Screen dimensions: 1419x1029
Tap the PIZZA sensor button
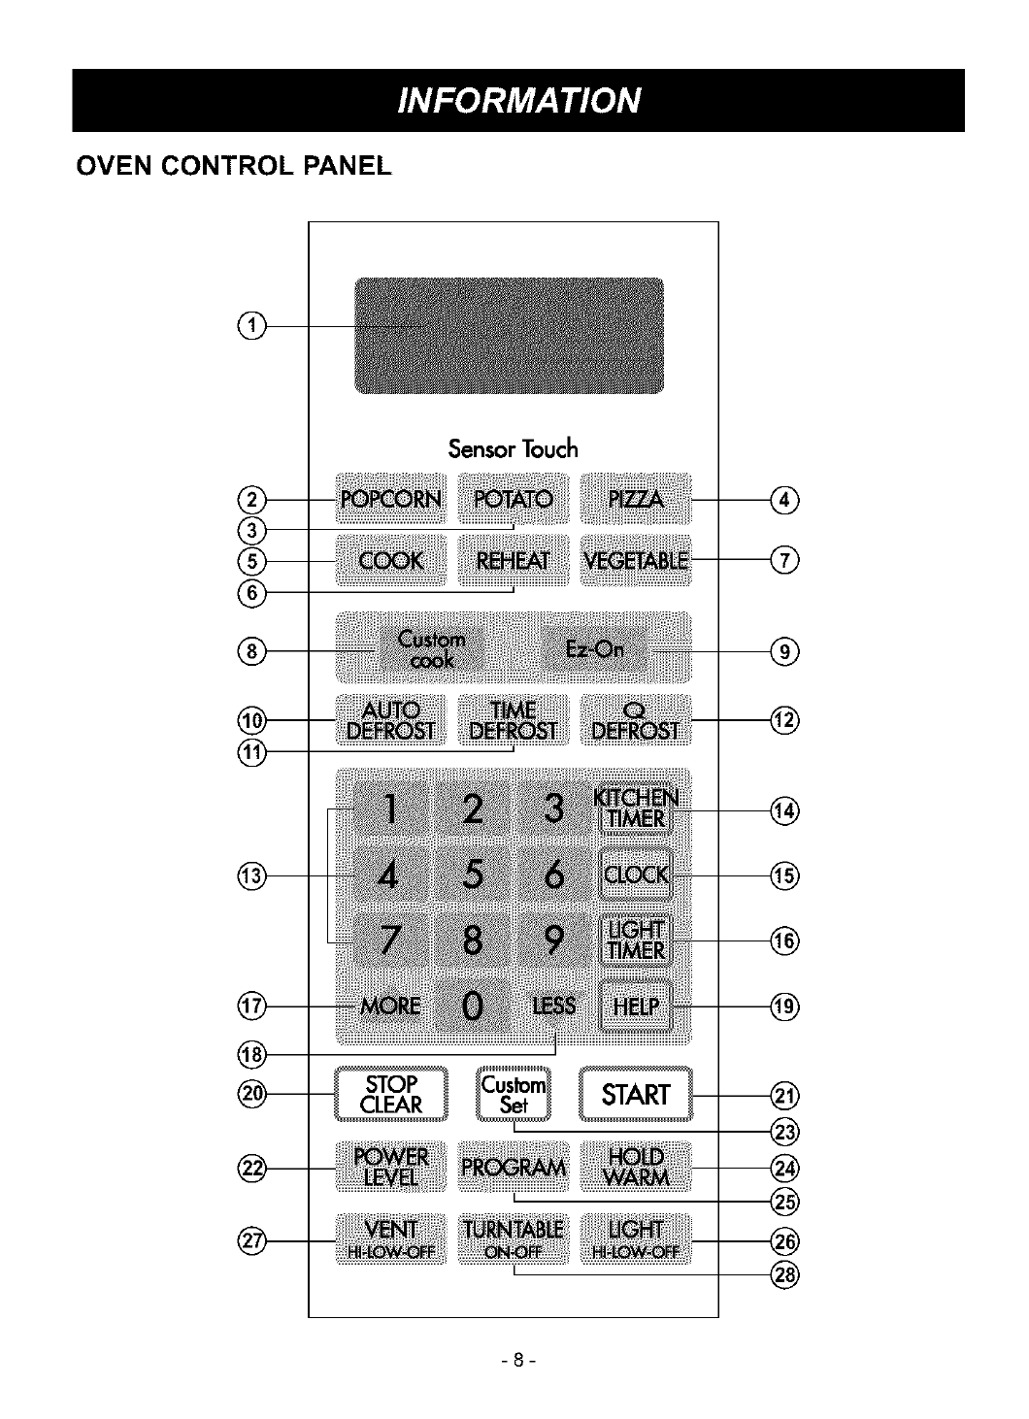(636, 500)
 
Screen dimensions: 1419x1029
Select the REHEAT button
(513, 561)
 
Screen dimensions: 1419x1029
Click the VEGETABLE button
(636, 561)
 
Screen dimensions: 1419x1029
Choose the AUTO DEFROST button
(390, 720)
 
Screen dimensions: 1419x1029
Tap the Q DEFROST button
(636, 720)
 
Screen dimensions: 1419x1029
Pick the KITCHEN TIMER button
(636, 808)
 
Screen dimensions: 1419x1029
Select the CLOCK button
(636, 874)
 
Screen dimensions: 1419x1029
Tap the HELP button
(636, 1006)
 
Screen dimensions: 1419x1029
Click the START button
(636, 1095)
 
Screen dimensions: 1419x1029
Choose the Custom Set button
(514, 1095)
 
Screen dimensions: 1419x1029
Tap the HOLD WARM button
(636, 1167)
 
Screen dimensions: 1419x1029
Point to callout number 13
(251, 875)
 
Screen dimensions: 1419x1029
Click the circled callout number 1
(251, 326)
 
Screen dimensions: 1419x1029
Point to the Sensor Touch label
(513, 448)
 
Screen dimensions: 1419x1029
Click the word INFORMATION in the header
(518, 100)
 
